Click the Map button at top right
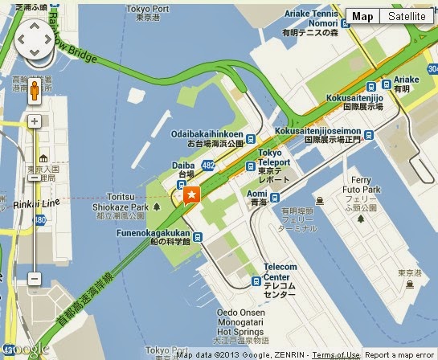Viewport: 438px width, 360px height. tap(363, 16)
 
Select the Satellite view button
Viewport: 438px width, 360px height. tap(406, 16)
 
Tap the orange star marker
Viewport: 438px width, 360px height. tap(191, 194)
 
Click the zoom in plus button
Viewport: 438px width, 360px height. tap(34, 122)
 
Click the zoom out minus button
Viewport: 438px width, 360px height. tap(34, 279)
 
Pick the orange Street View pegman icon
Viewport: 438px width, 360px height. tap(34, 88)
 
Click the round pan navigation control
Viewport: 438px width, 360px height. tap(33, 39)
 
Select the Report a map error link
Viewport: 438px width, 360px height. tap(399, 354)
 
